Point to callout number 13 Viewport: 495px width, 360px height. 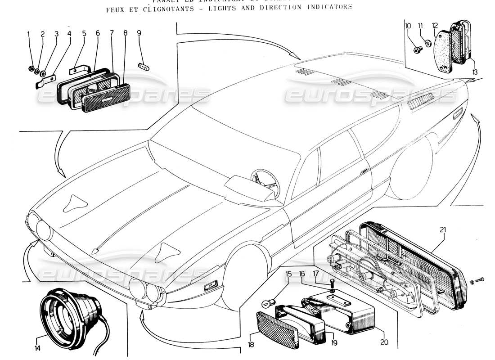pyautogui.click(x=475, y=71)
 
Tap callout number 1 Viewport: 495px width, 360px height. pyautogui.click(x=28, y=34)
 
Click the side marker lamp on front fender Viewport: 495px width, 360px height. pyautogui.click(x=210, y=285)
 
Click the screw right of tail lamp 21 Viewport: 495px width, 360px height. pyautogui.click(x=479, y=281)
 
